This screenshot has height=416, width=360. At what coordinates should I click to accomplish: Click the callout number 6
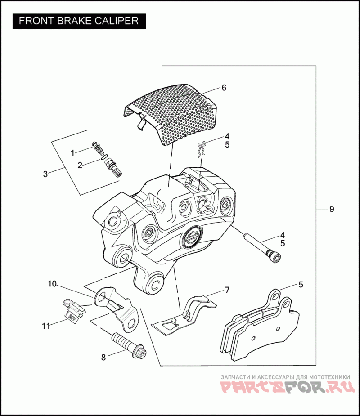[224, 88]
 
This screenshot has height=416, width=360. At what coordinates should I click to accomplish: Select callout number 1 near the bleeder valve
[72, 153]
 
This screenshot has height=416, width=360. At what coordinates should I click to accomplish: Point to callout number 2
[80, 165]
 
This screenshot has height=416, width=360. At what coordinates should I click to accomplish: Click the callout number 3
[45, 174]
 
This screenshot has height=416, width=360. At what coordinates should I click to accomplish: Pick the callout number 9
[332, 209]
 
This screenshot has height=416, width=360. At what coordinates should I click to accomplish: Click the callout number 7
[227, 290]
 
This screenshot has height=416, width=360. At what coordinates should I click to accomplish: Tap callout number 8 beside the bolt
[103, 358]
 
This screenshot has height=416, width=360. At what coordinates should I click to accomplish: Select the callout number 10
[53, 284]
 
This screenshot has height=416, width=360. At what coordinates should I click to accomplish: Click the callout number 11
[45, 326]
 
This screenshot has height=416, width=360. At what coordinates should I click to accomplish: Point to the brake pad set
[259, 326]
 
